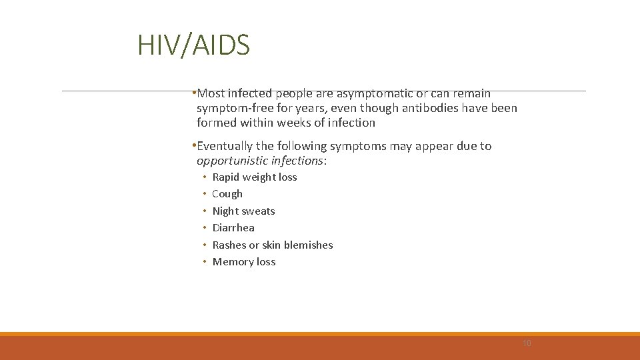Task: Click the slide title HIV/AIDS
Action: coord(193,45)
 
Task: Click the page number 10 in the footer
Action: coord(527,343)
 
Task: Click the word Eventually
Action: coord(225,146)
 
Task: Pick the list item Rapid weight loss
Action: coord(254,177)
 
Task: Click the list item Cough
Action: coord(227,194)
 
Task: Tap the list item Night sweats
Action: coord(243,211)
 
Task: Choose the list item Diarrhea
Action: coord(233,228)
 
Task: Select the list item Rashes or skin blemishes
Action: coord(272,245)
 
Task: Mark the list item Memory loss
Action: coord(243,262)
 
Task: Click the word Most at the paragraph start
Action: coord(211,93)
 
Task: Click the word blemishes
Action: coord(308,245)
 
